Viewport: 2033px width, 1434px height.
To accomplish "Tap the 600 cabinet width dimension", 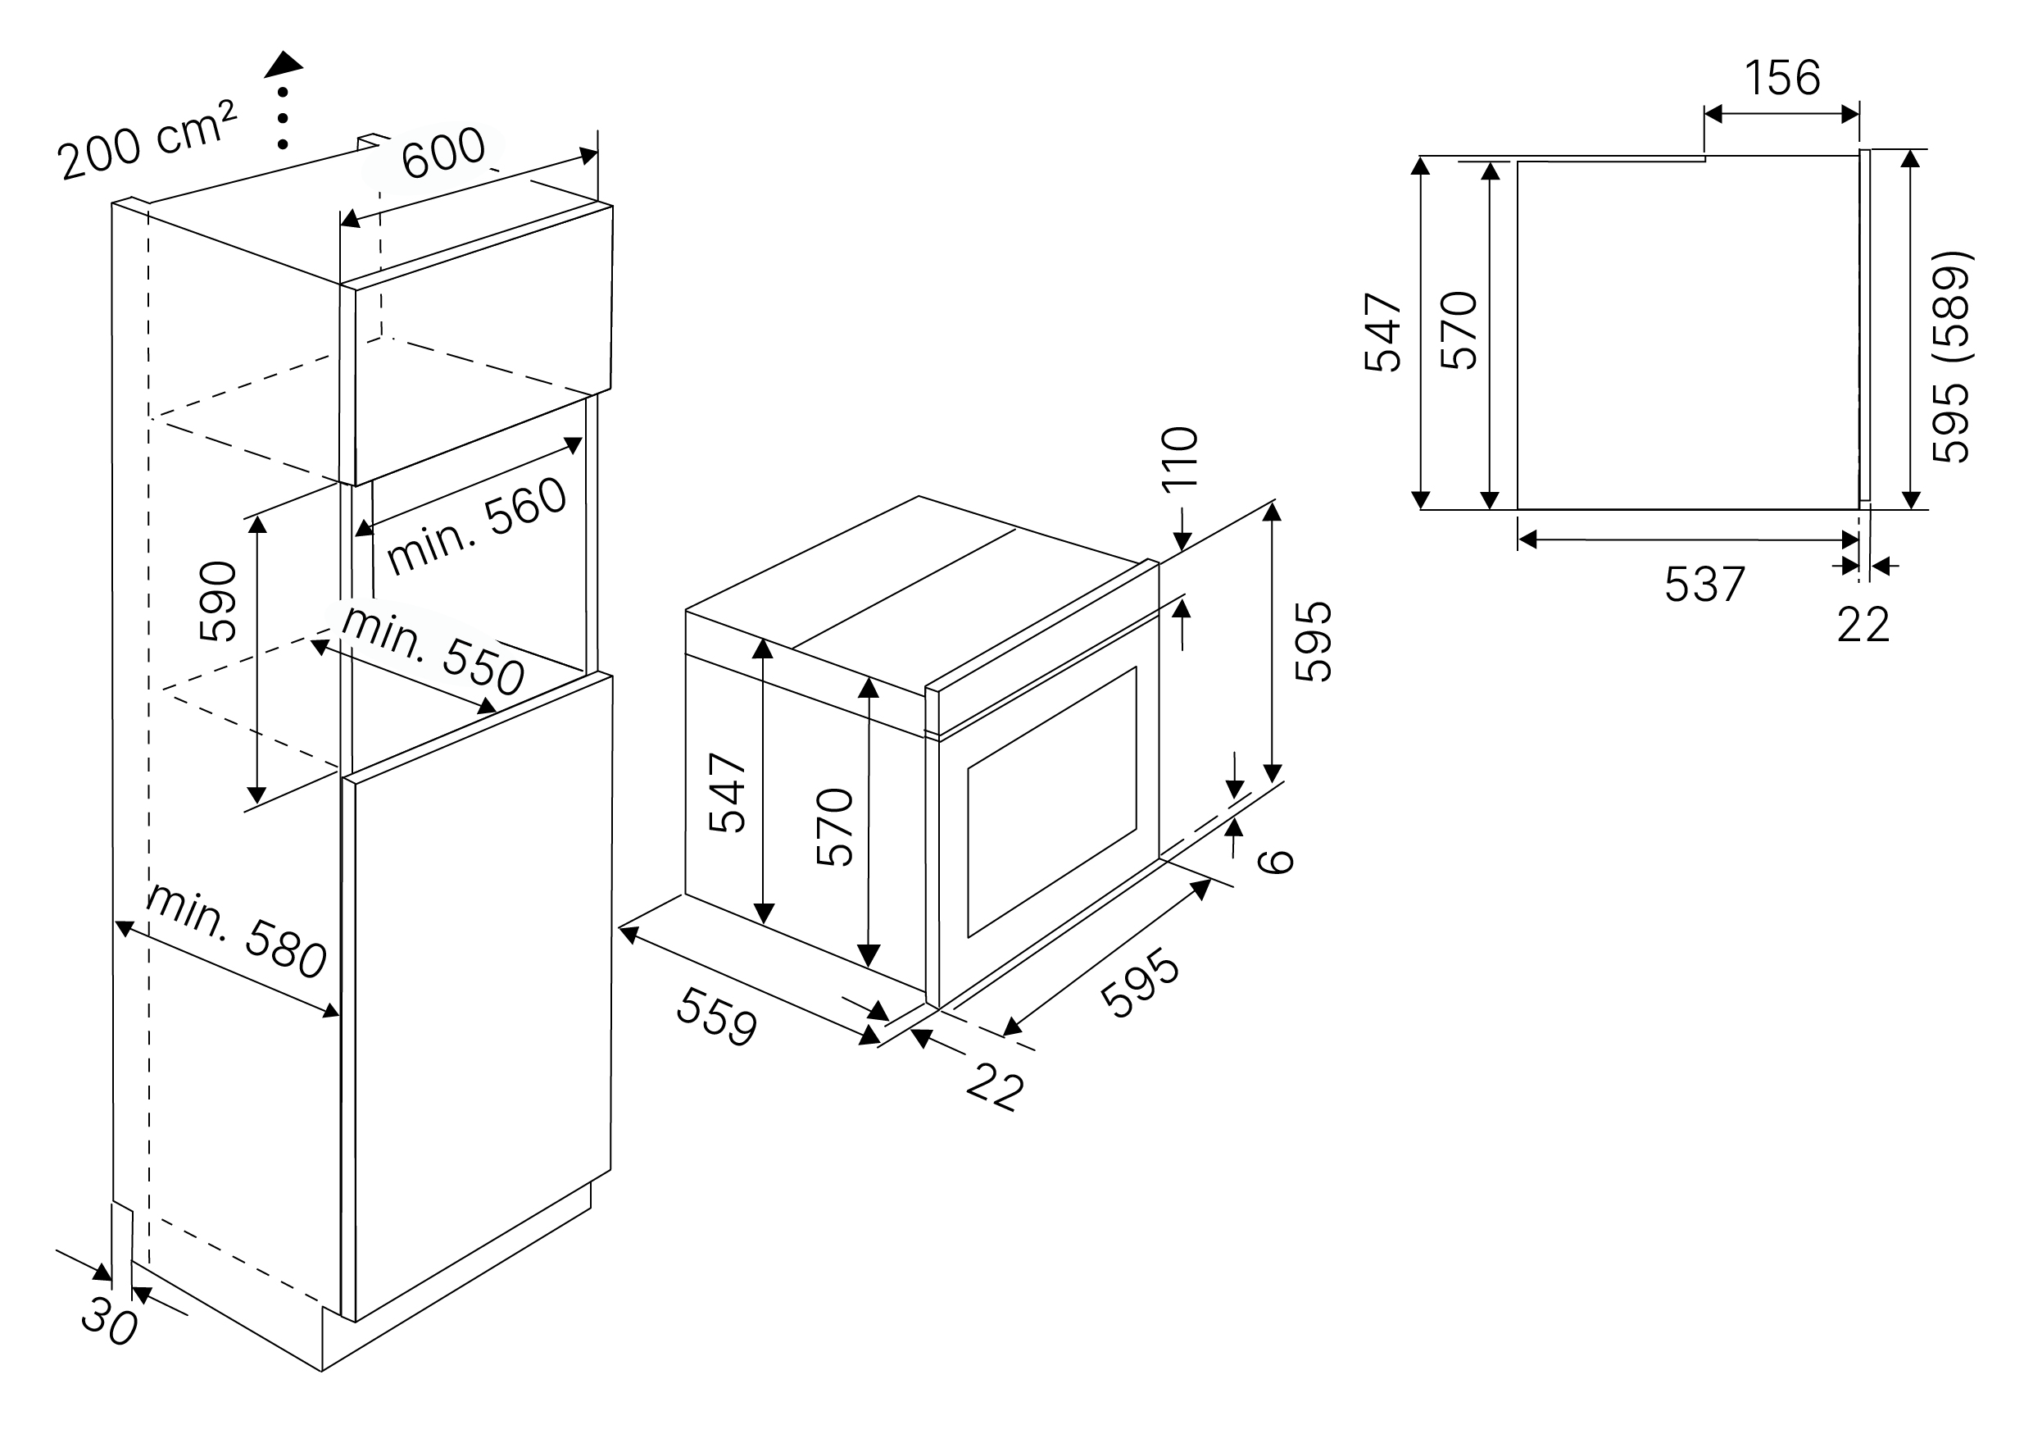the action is [442, 152].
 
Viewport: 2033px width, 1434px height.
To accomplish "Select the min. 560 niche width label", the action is [476, 526].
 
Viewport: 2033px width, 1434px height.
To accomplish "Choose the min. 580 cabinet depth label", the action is [237, 931].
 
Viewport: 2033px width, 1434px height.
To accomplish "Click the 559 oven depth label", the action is [716, 1017].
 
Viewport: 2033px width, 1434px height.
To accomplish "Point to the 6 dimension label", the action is [1276, 861].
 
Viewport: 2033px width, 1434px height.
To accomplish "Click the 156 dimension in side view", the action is [1782, 78].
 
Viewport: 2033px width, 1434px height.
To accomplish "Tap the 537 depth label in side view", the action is [1704, 585].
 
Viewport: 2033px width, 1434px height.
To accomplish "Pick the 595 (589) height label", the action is [1951, 357].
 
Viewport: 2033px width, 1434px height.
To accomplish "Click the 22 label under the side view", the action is [1863, 626].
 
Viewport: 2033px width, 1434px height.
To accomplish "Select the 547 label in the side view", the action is [1383, 332].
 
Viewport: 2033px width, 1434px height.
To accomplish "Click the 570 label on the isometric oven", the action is [835, 826].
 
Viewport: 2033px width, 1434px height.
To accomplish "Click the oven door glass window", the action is [1052, 802].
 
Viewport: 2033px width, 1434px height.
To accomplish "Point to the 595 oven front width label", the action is [1141, 983].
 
